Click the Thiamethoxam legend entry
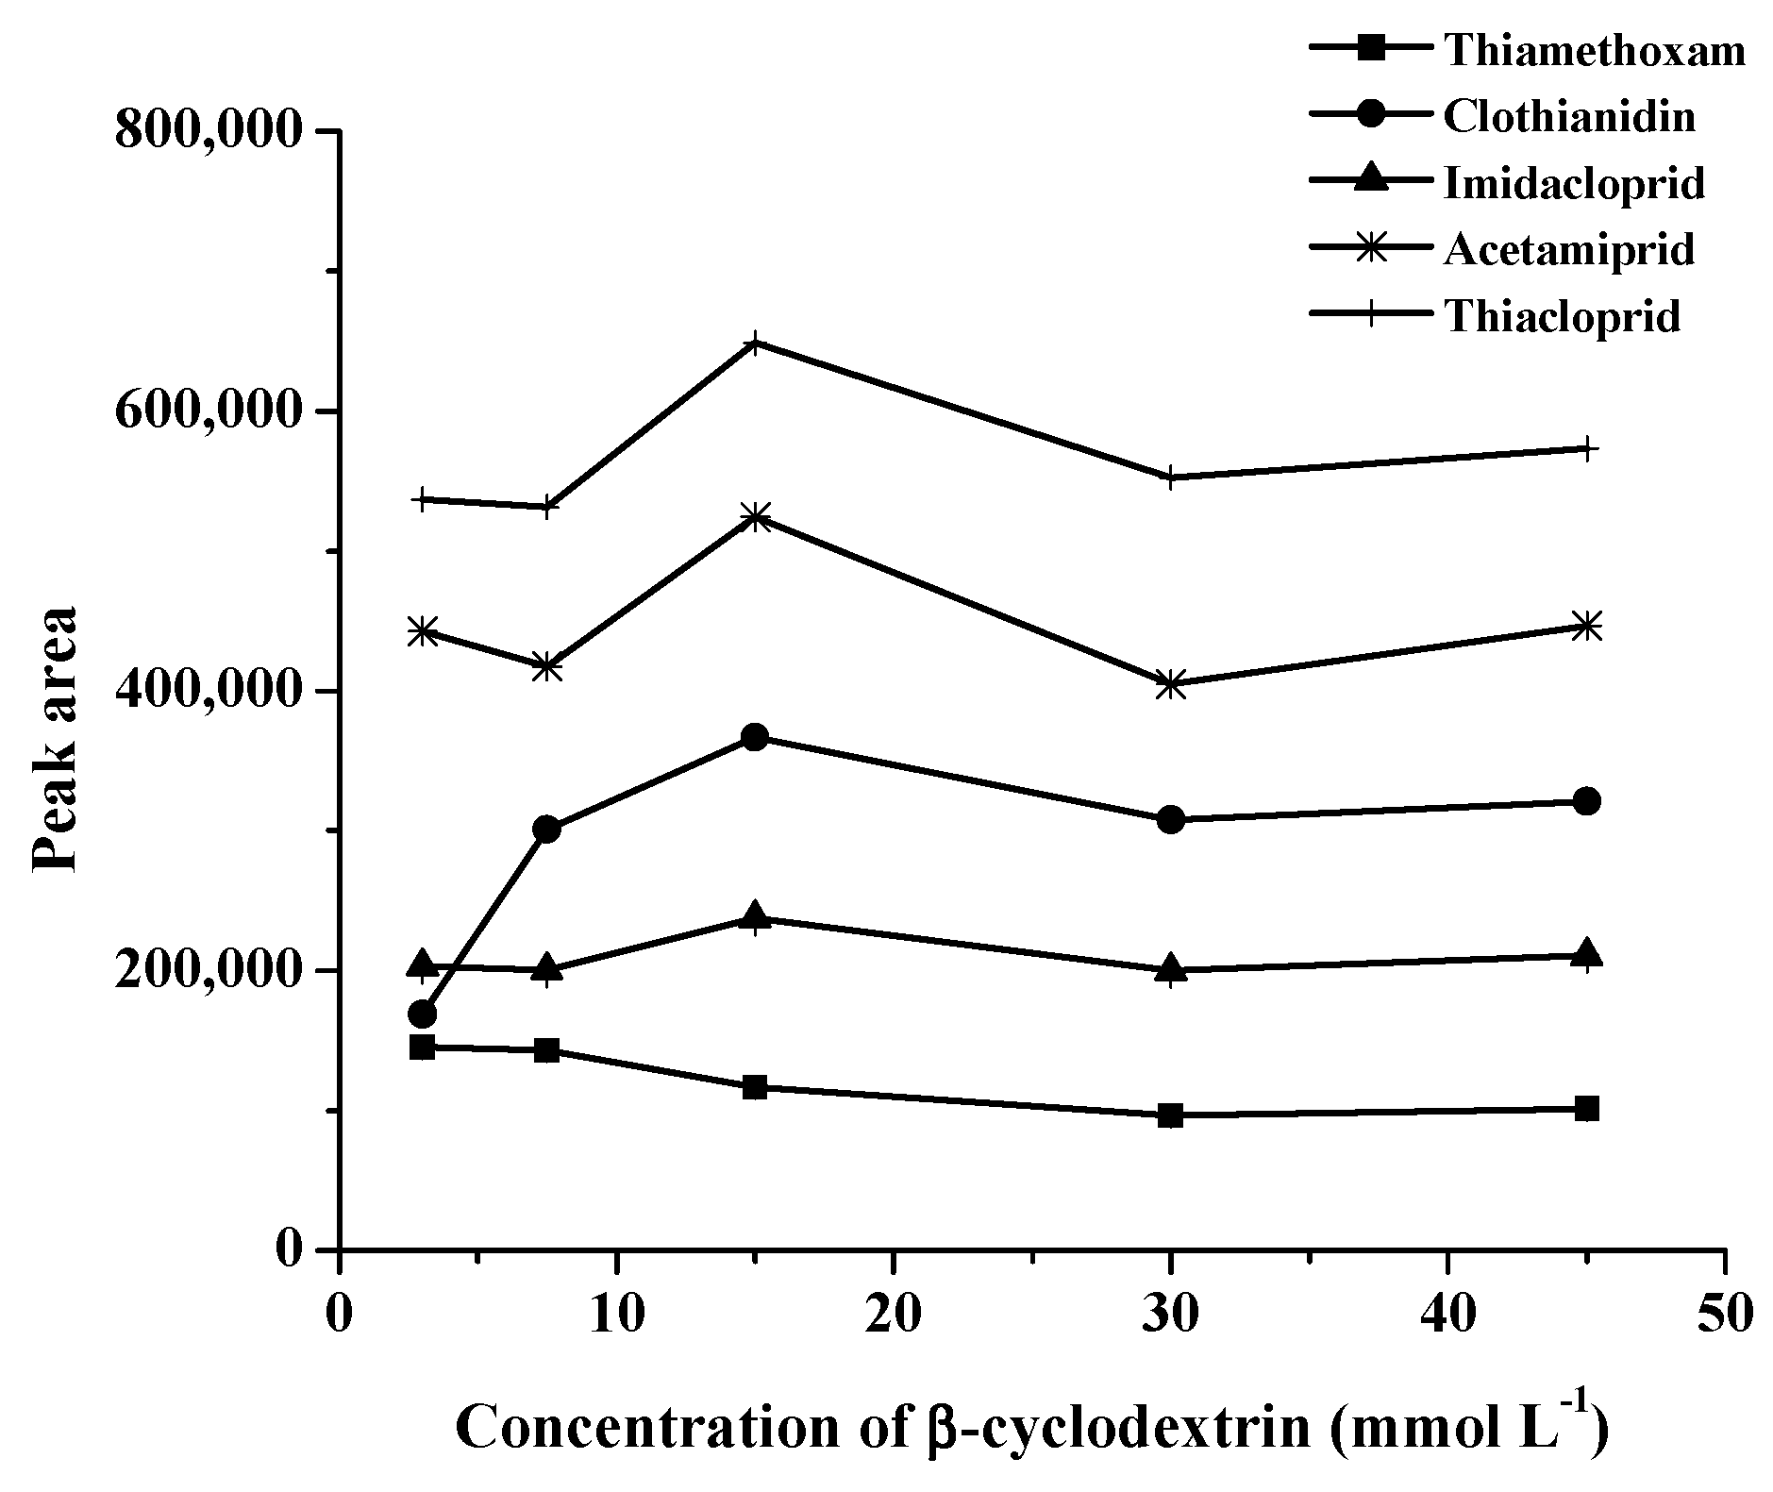[1594, 51]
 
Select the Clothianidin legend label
[1569, 117]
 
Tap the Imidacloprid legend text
[1574, 183]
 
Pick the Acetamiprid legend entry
[1568, 249]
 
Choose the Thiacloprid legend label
[1562, 316]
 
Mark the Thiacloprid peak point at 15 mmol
[755, 343]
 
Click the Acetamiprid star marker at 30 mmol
[1170, 684]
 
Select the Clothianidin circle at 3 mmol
[423, 1014]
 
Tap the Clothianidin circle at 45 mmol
[1587, 801]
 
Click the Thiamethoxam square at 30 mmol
[1170, 1115]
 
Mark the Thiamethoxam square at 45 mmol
[1587, 1108]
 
